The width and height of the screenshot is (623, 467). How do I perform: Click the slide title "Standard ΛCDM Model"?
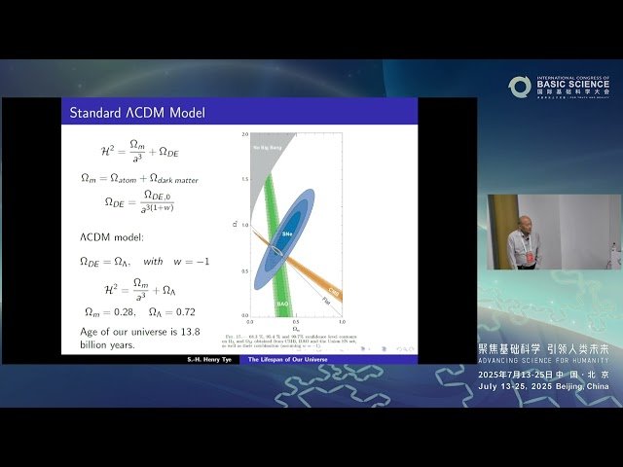coord(136,113)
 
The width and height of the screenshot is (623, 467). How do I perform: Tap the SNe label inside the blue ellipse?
coord(288,234)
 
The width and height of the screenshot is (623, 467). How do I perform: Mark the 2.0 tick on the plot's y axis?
coord(245,133)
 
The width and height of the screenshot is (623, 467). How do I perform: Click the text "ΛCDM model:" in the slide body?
coord(112,236)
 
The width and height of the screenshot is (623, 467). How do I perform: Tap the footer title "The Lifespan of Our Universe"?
coord(289,359)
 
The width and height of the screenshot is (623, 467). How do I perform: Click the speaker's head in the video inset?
coord(525,224)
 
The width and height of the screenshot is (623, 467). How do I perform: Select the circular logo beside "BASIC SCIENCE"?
coord(520,87)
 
